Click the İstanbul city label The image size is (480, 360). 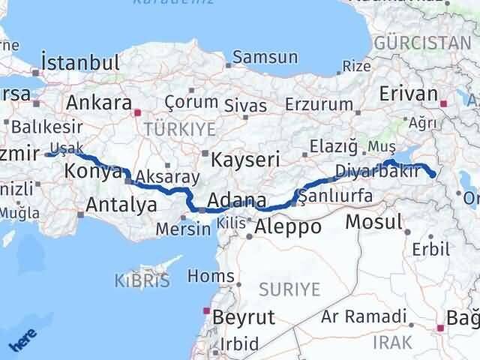coord(82,62)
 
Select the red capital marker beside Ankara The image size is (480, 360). coord(137,113)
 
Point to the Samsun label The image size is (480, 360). coord(265,57)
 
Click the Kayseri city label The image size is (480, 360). coord(245,159)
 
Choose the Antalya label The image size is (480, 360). coord(122,204)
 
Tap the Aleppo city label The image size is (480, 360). coord(288,226)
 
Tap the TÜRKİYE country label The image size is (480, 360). coord(180,129)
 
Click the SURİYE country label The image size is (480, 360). coord(289,289)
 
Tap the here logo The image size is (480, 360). coord(22,342)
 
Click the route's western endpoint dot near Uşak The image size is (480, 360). coord(49,154)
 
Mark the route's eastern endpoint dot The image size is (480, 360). coord(434,175)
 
